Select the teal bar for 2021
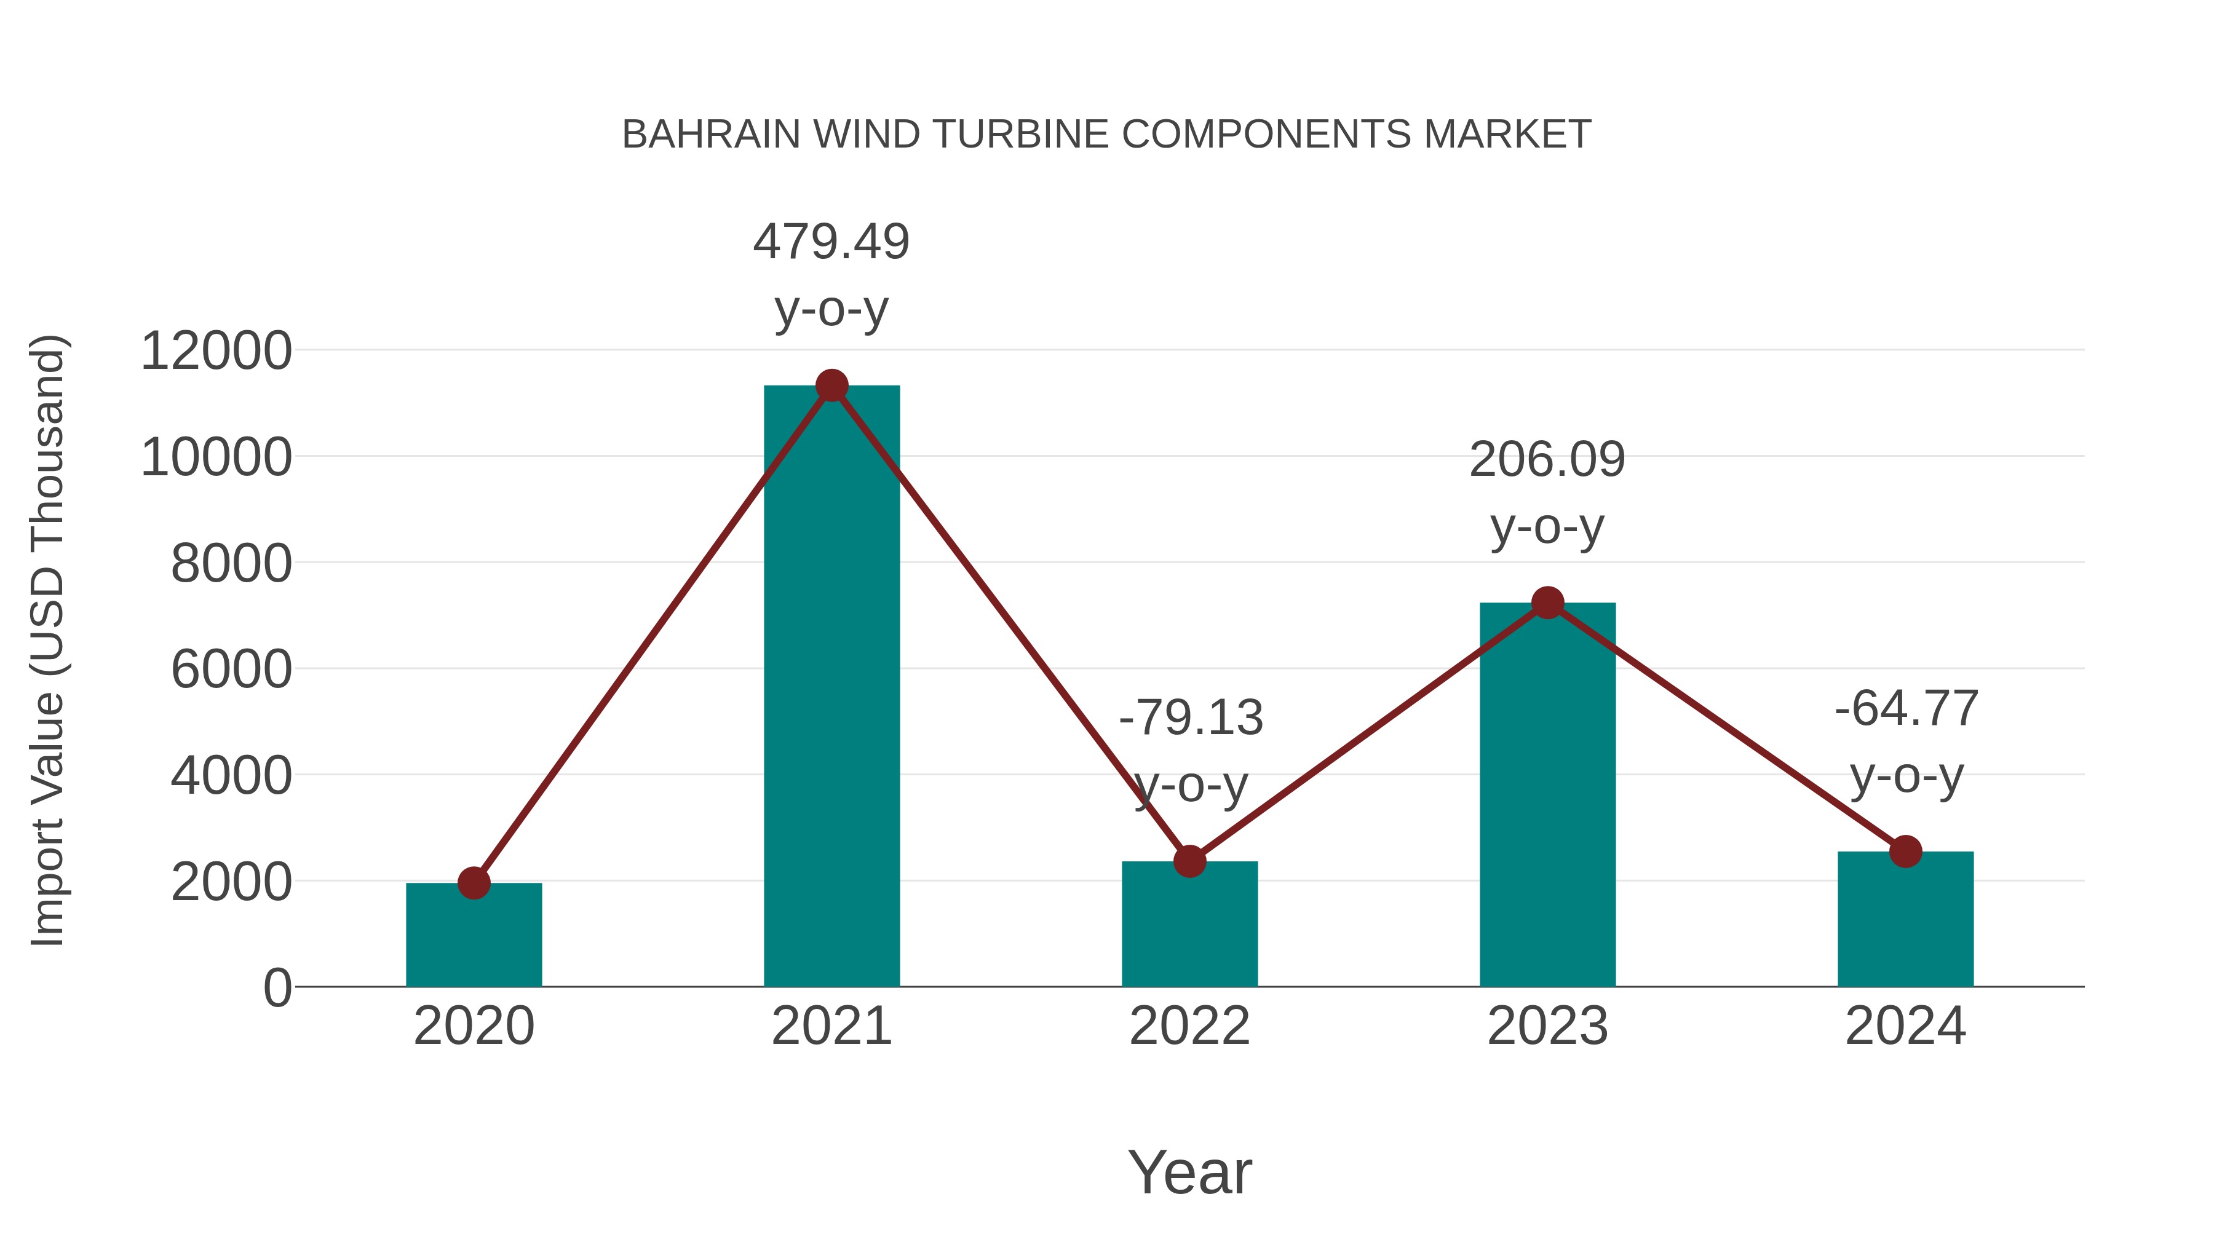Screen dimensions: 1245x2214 (x=831, y=687)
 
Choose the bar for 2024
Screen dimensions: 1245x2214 (x=1905, y=919)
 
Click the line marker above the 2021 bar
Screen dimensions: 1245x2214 (x=831, y=385)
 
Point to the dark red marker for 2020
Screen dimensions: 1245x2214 (x=474, y=882)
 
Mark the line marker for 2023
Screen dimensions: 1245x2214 (x=1547, y=603)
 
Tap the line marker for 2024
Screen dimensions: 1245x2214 (x=1905, y=852)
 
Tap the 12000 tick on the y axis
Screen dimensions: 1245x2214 (x=216, y=352)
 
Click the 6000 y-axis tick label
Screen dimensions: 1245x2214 (x=231, y=670)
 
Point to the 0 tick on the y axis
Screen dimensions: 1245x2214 (x=277, y=988)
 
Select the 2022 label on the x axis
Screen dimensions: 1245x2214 (x=1189, y=1026)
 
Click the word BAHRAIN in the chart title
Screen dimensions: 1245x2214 (x=710, y=135)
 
